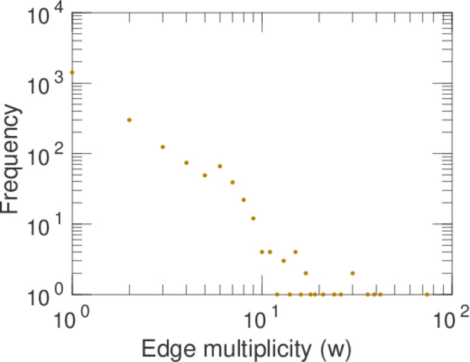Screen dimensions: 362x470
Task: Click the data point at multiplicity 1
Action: (x=72, y=72)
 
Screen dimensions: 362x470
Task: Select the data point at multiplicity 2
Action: (x=129, y=120)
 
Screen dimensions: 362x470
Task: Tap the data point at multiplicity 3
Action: (x=163, y=147)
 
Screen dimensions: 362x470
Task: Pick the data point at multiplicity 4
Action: (x=186, y=163)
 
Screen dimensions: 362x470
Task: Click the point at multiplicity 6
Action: (x=220, y=166)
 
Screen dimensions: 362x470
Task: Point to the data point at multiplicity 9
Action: (x=253, y=218)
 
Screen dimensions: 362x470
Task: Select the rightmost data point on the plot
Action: (x=427, y=294)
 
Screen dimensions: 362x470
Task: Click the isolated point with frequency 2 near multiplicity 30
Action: (x=352, y=273)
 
